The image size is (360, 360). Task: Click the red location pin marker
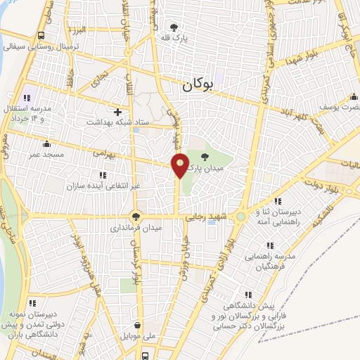180,165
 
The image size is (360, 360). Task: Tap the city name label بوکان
196,86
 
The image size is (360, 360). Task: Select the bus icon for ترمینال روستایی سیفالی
41,35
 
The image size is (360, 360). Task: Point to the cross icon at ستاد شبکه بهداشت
117,112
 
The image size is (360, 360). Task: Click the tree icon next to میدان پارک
205,157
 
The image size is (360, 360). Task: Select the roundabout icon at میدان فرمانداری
136,217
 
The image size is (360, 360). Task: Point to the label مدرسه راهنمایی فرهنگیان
269,264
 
